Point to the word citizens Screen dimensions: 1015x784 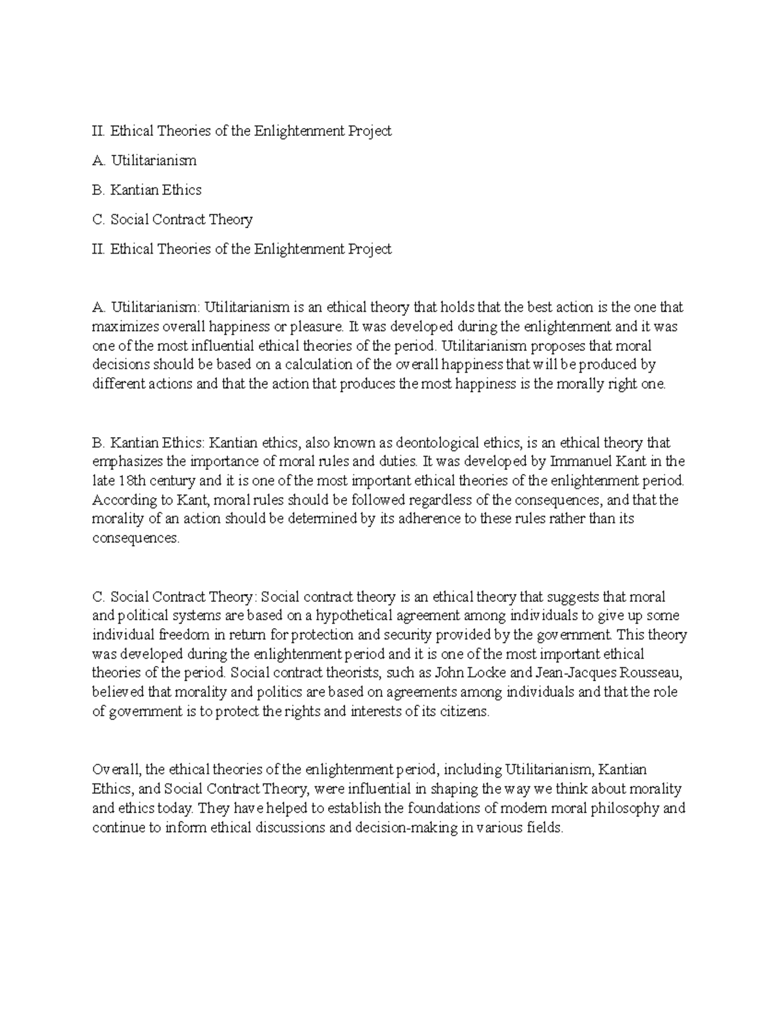[464, 712]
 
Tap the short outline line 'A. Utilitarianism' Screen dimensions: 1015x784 [144, 160]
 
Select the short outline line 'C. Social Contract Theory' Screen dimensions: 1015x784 [172, 220]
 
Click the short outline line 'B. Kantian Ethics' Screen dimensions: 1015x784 [147, 190]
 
